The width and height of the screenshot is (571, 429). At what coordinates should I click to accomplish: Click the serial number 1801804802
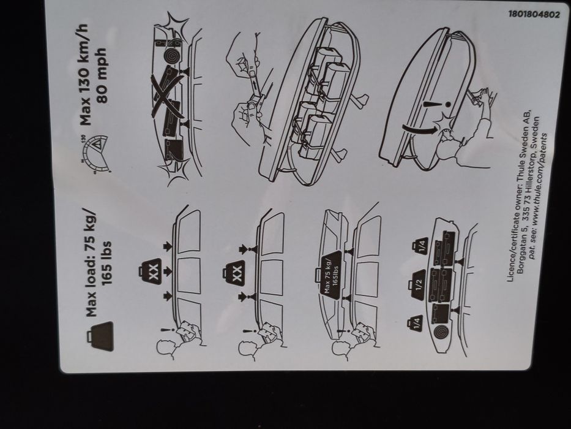533,14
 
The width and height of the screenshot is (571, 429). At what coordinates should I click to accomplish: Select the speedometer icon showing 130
92,146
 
